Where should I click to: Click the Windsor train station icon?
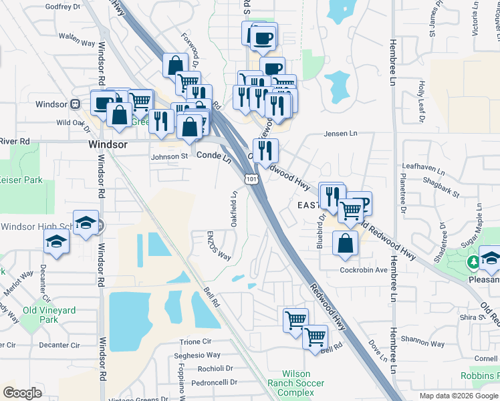[x=76, y=104]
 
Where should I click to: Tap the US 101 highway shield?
[x=251, y=178]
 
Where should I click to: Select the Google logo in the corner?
[x=22, y=393]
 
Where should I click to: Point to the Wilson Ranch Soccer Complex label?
[x=296, y=384]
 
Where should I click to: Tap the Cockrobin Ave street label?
[x=363, y=270]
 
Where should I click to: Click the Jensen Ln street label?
[x=340, y=134]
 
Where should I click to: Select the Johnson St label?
[x=169, y=156]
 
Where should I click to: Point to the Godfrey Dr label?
[x=62, y=7]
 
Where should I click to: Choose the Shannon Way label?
[x=423, y=344]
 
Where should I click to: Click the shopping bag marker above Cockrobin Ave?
[x=344, y=245]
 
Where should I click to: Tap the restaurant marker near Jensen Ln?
[x=265, y=151]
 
